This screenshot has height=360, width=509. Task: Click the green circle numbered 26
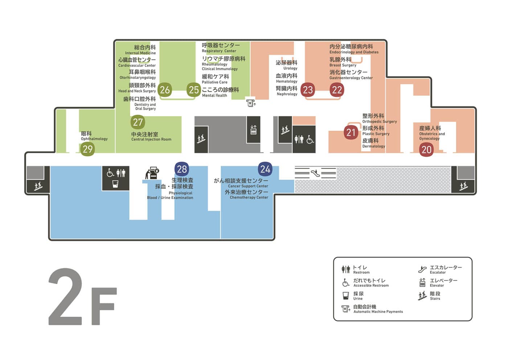[165, 90]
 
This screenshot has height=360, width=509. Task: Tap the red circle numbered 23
[308, 90]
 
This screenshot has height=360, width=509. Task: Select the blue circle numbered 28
[182, 169]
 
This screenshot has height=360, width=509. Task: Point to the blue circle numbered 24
[265, 169]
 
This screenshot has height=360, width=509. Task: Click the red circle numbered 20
[426, 150]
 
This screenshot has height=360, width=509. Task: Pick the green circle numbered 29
[87, 149]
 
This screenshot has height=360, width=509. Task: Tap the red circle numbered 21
[350, 132]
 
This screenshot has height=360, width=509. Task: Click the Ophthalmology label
[94, 139]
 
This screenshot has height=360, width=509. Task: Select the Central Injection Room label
[151, 139]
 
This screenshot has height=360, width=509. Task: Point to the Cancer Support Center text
[248, 186]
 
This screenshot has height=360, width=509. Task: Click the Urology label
[290, 68]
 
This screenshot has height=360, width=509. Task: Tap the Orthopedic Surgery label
[379, 122]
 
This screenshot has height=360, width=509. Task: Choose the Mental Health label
[214, 95]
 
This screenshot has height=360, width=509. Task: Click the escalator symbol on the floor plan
[315, 173]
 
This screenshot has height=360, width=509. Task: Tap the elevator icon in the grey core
[253, 130]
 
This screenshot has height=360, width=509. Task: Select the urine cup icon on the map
[115, 184]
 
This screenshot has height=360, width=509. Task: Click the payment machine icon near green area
[251, 103]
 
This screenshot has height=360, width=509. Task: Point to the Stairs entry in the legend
[429, 296]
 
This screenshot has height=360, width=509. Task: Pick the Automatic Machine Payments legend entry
[372, 309]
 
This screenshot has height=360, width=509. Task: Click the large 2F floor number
[83, 296]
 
